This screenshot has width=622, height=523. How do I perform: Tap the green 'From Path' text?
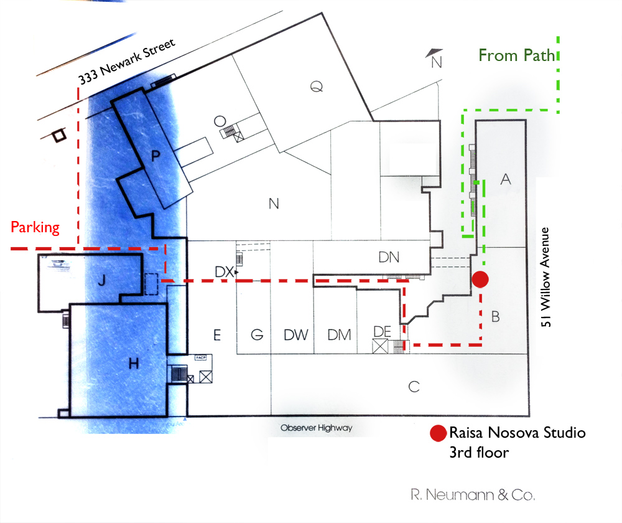tap(516, 55)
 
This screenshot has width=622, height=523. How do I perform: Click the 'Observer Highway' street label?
tap(316, 428)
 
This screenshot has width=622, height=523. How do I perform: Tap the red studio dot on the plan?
tap(480, 280)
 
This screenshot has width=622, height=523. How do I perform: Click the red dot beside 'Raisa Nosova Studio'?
tap(438, 433)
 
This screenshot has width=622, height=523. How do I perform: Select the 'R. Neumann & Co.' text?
tap(473, 495)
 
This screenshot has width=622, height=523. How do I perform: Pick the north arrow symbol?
tap(435, 58)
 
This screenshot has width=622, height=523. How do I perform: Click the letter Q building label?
tap(317, 88)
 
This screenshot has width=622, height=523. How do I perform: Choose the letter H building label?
tap(132, 364)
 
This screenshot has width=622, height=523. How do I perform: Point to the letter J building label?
tap(102, 280)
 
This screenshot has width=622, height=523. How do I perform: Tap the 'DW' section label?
tap(296, 335)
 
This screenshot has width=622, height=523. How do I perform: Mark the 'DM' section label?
tap(339, 335)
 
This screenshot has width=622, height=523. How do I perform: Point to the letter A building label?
tap(506, 180)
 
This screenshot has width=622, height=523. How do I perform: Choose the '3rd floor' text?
tap(479, 453)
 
